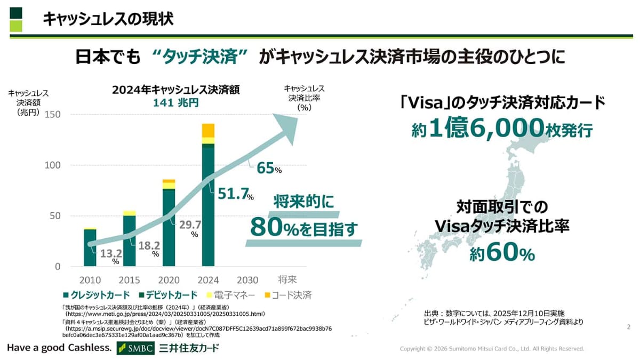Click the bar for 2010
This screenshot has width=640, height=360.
90,247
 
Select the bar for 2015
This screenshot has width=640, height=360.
129,240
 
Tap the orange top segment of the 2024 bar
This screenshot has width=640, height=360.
208,130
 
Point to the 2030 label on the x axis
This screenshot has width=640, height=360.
247,280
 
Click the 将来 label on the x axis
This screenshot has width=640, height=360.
286,280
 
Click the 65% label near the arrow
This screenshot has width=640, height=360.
269,169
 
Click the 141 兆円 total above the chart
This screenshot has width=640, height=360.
175,103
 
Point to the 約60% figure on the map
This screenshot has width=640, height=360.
502,254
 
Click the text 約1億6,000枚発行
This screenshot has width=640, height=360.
502,129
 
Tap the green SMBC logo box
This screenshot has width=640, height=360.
135,348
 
